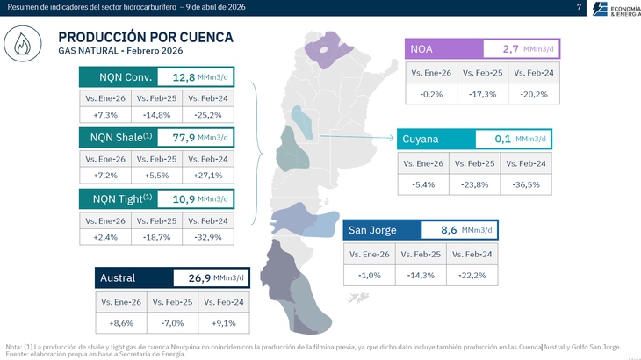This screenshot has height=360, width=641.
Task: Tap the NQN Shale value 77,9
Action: pyautogui.click(x=182, y=136)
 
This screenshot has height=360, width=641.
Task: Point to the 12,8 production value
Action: pyautogui.click(x=182, y=76)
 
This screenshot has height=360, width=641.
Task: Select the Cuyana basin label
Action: pyautogui.click(x=421, y=140)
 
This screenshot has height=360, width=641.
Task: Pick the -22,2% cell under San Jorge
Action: pyautogui.click(x=472, y=275)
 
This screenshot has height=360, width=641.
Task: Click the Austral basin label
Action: pyautogui.click(x=118, y=278)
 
